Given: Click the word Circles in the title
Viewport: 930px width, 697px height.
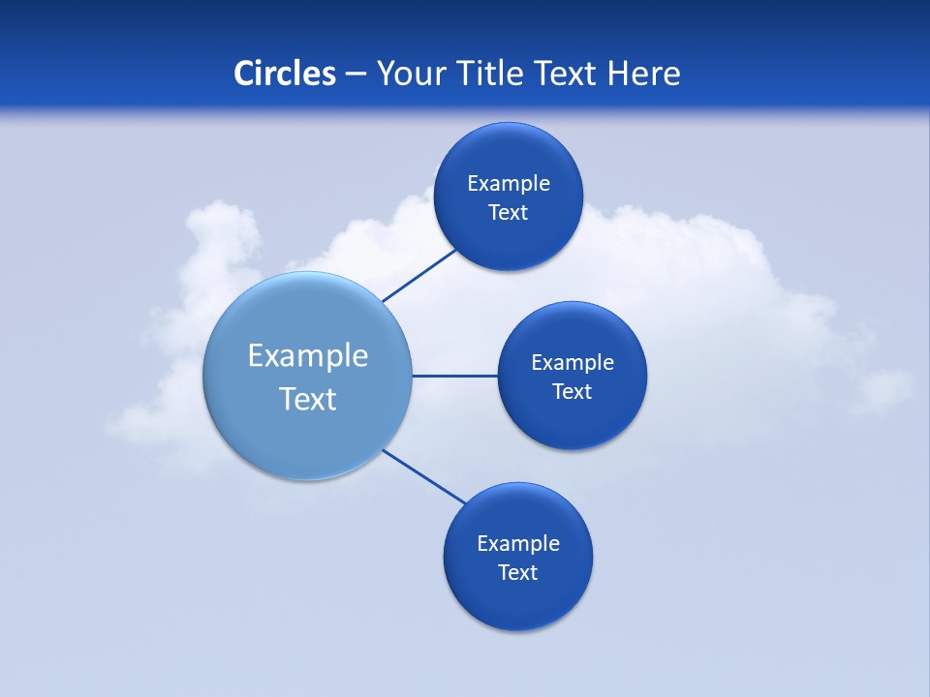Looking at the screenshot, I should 285,74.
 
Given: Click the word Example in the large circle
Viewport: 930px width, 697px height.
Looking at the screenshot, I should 308,356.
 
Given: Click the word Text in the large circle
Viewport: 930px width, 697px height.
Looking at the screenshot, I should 308,399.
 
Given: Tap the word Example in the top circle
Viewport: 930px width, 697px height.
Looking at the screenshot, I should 509,184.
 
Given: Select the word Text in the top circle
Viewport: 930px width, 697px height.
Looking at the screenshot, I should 509,213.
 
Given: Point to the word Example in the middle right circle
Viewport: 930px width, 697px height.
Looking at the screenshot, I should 573,363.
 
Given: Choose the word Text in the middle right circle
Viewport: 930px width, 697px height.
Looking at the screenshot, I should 573,392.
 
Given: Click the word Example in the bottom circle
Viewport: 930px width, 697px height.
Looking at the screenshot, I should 518,544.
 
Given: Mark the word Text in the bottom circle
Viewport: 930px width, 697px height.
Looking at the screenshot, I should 518,573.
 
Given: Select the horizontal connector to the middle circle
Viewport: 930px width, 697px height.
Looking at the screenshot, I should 455,376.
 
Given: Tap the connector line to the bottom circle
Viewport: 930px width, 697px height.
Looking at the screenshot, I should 424,476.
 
